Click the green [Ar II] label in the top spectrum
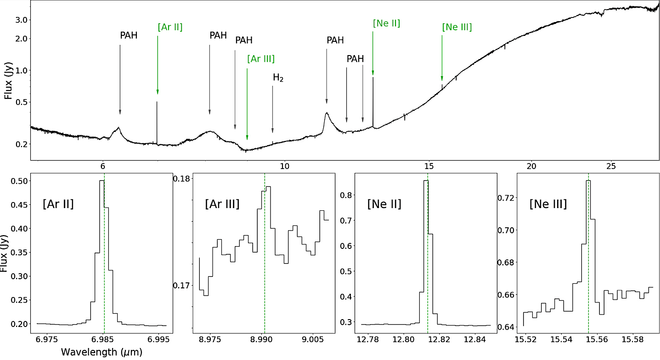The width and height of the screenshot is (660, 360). [170, 27]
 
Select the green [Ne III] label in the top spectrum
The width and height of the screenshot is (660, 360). [457, 27]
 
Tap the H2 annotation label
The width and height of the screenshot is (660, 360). [278, 78]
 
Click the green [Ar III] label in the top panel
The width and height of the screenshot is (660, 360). [260, 59]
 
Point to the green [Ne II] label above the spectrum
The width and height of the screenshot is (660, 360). [386, 23]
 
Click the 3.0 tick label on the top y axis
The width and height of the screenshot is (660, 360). [18, 20]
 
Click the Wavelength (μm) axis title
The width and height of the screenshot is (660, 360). [101, 352]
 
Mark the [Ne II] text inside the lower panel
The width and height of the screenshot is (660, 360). [384, 204]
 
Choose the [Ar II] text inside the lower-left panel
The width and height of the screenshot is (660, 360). [58, 204]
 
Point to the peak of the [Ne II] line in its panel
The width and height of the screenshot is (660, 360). [426, 181]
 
